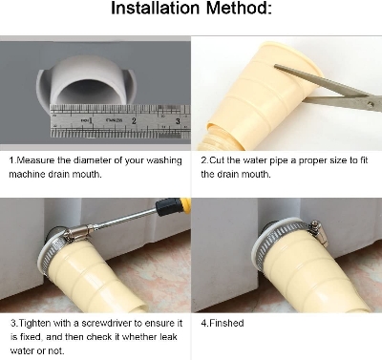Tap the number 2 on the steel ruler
tap(135, 121)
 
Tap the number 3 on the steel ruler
tap(179, 121)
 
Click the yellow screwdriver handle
tap(171, 207)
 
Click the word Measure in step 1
tap(38, 160)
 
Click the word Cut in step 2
tap(218, 160)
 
